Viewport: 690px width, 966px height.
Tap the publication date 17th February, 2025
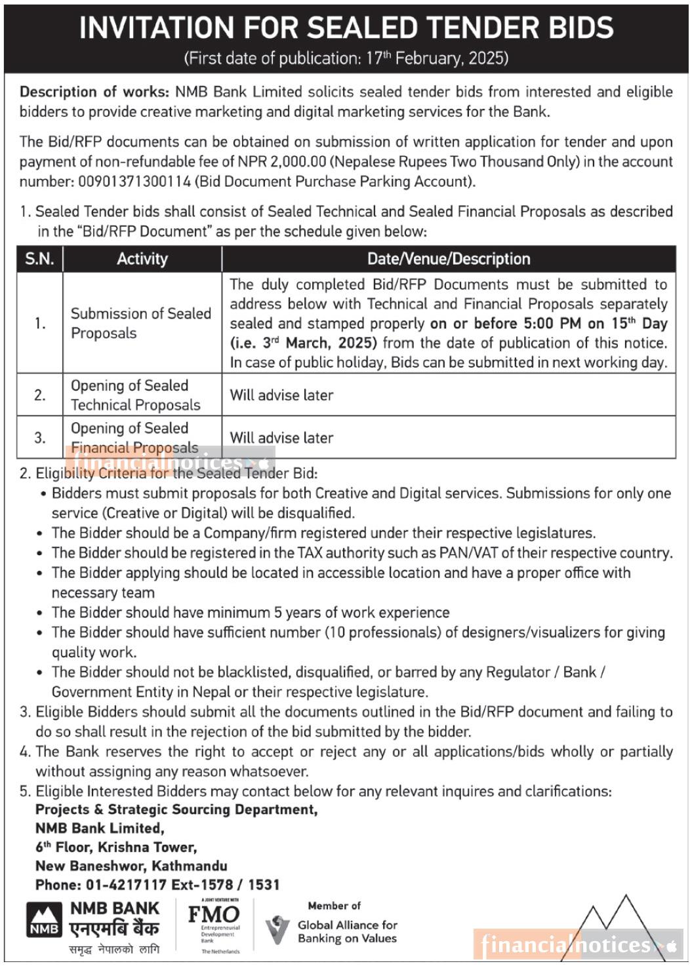point(436,58)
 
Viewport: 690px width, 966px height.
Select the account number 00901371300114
point(134,182)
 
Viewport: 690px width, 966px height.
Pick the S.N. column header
point(40,259)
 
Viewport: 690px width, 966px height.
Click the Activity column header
point(142,259)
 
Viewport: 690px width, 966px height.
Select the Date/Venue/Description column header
point(449,259)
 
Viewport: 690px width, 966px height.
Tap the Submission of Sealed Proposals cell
point(140,323)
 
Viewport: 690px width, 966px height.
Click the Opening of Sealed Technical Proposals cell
point(135,395)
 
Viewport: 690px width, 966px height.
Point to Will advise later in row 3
point(281,438)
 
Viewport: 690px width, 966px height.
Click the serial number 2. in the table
point(40,395)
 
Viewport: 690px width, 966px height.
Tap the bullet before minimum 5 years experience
point(41,613)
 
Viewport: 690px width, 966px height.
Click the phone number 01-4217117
point(126,885)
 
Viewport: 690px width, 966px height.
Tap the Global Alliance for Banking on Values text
point(347,932)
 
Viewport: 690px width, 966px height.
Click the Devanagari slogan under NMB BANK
point(113,949)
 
